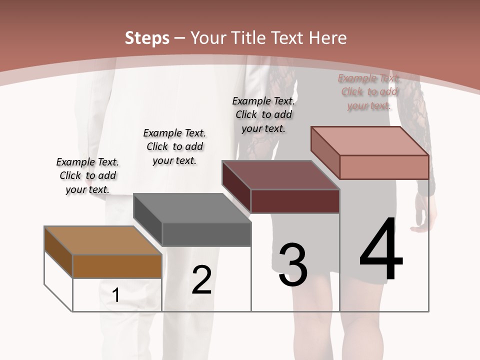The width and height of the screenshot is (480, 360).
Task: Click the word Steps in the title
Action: pos(146,38)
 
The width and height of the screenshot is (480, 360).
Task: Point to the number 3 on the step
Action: pos(293,265)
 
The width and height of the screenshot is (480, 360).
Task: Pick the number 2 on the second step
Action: pos(201,280)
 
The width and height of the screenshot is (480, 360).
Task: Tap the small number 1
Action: pos(116,295)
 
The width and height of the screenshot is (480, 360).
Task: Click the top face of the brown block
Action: pos(102,240)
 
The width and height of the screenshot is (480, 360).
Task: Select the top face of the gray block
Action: pos(192,208)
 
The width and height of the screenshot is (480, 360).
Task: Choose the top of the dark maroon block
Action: pos(280,175)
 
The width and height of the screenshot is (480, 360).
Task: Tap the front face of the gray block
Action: pos(206,234)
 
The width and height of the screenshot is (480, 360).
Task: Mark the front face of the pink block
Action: pos(384,167)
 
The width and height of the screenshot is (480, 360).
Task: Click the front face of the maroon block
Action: pos(295,201)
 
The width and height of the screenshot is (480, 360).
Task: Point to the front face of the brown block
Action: pos(117,266)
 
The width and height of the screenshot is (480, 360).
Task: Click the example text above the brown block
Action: pos(87,175)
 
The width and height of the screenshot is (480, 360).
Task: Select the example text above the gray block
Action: pos(174,146)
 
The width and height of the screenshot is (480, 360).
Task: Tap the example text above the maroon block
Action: pos(263,114)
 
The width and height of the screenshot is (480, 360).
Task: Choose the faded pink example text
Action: pos(369,91)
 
